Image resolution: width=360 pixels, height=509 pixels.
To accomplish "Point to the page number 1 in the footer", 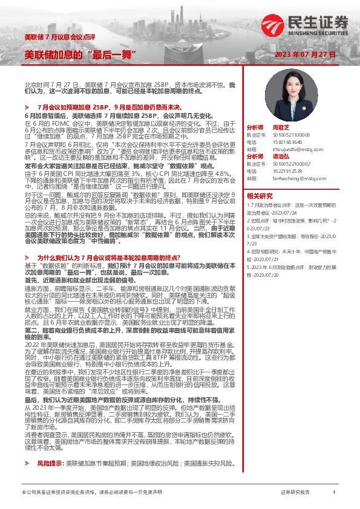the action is point(334,493).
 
